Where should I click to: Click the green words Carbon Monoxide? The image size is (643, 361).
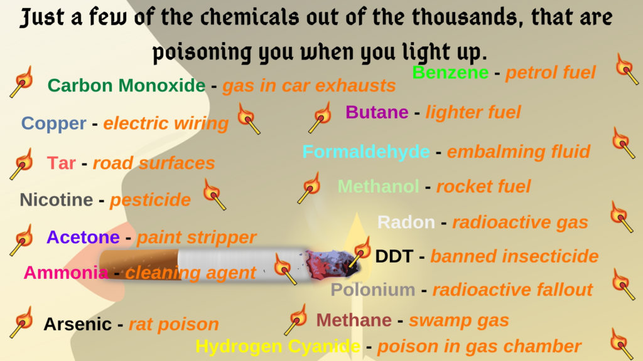click(x=126, y=85)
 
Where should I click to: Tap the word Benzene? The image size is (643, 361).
click(x=450, y=73)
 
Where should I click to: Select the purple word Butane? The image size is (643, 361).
click(x=377, y=112)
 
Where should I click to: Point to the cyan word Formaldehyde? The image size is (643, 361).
click(x=366, y=152)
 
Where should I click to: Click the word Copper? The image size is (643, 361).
click(x=54, y=123)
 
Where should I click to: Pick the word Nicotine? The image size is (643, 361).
click(x=57, y=200)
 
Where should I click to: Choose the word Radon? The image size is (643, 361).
click(x=406, y=222)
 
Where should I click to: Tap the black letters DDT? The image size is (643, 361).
click(x=394, y=256)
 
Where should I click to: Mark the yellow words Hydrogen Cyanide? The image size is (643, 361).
click(x=278, y=346)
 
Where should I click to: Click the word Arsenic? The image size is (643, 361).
click(x=77, y=324)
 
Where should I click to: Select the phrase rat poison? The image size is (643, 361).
click(x=174, y=325)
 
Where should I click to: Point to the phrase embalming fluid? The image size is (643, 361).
click(x=518, y=152)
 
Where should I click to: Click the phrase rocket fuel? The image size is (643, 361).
click(x=484, y=186)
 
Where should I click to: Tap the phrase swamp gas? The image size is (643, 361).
click(x=459, y=321)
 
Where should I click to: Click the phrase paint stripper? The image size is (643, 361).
click(x=197, y=238)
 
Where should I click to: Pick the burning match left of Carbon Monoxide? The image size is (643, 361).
click(x=22, y=82)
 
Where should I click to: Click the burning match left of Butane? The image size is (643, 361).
click(x=320, y=117)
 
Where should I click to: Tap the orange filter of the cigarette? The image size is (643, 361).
click(x=139, y=264)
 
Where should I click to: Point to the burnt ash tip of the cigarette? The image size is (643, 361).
click(x=332, y=265)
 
